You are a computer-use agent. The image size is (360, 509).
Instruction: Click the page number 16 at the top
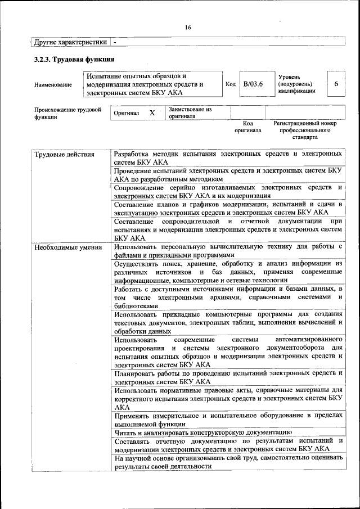coord(187,28)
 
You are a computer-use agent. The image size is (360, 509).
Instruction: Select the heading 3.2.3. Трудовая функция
coord(74,60)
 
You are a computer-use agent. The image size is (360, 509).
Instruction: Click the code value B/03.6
coord(253,84)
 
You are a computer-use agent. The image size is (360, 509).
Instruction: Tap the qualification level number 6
coord(336,84)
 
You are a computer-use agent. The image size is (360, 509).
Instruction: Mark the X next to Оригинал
coord(151,112)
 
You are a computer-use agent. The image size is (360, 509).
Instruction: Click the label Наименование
coord(53,85)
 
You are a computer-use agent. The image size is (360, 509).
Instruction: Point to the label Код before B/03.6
coord(230,84)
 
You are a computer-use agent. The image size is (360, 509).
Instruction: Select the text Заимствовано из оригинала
coord(189,113)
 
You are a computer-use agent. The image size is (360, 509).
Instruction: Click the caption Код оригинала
coord(247,127)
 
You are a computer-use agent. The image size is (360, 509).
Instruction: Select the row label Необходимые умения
coord(67,247)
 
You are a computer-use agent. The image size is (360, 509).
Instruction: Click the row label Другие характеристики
coord(70,42)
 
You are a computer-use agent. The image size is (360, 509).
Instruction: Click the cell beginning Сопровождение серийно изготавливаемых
coord(228,191)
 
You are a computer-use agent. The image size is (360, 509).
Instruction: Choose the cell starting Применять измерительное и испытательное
coord(228,420)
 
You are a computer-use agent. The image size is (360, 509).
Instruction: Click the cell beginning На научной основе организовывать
coord(228,462)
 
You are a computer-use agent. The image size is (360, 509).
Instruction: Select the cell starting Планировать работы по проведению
coord(228,377)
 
